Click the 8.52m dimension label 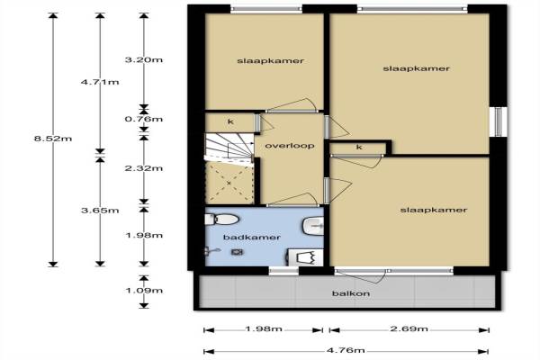click(x=53, y=139)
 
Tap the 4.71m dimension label click(x=100, y=82)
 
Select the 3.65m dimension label click(x=100, y=210)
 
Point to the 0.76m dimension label click(x=144, y=119)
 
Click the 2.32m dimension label click(x=144, y=168)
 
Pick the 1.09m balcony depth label click(x=144, y=291)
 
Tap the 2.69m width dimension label click(x=409, y=328)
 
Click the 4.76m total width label click(x=346, y=350)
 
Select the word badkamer click(x=252, y=238)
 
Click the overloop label click(x=290, y=146)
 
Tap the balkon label click(x=351, y=293)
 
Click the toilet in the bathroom click(x=222, y=219)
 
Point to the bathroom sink click(x=313, y=226)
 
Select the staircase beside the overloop click(x=229, y=146)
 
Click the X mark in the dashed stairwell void click(x=229, y=183)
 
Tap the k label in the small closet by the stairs click(x=230, y=121)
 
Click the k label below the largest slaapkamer click(x=359, y=147)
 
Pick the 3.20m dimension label click(x=144, y=60)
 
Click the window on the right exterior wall click(x=499, y=121)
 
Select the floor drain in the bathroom click(x=237, y=252)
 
